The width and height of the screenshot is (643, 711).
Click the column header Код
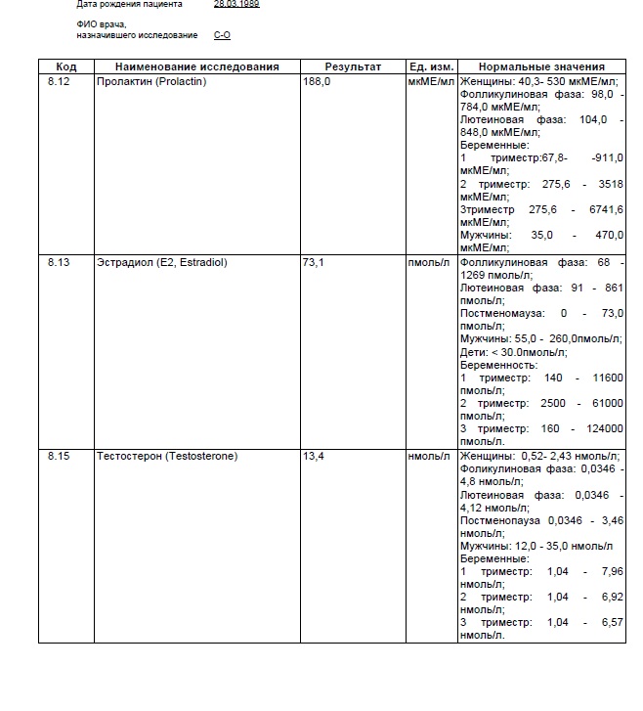(65, 67)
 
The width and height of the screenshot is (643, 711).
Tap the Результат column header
(353, 67)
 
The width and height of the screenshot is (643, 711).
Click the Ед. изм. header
(431, 67)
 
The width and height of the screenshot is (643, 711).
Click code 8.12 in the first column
(59, 81)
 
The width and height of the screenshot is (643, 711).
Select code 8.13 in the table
(59, 263)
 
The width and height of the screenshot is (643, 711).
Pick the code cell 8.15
(59, 456)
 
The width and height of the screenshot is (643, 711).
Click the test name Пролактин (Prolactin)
(151, 81)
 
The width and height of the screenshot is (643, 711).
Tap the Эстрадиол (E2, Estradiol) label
(161, 263)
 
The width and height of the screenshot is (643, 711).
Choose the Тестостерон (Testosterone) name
(167, 456)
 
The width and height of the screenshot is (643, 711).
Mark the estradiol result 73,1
(315, 263)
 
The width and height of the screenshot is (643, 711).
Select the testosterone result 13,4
(315, 456)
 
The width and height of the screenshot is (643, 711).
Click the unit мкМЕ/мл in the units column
(431, 81)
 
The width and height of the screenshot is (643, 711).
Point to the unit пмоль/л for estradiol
(429, 263)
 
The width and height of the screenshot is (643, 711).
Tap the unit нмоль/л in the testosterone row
(429, 456)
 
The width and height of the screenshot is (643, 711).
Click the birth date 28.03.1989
(236, 4)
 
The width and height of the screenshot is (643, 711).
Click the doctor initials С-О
(222, 34)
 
